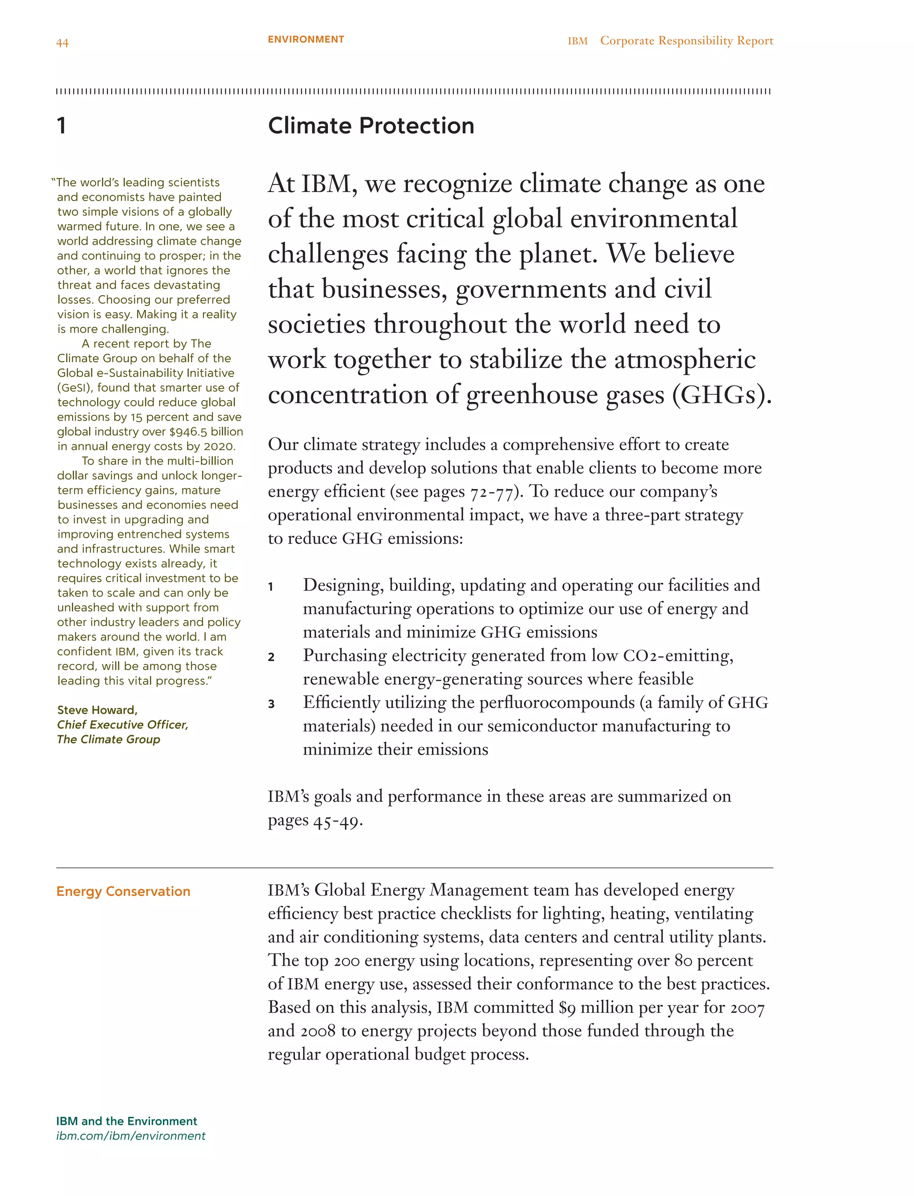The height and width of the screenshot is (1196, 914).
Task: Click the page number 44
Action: point(62,43)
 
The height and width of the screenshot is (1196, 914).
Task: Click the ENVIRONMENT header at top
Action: point(306,39)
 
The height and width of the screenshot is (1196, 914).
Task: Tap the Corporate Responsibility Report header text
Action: point(686,41)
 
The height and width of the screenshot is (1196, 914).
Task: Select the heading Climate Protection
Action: point(371,126)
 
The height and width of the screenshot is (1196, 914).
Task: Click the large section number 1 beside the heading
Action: point(62,126)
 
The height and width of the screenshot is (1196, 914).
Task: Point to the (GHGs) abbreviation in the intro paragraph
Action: point(722,395)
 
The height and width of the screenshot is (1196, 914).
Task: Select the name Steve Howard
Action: point(97,710)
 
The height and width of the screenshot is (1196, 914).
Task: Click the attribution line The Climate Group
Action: point(109,739)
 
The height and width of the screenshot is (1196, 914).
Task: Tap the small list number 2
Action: point(271,657)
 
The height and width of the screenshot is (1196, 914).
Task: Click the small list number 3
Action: point(271,704)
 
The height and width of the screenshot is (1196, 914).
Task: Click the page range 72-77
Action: point(492,492)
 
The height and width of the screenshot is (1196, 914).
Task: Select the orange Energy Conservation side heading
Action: point(124,891)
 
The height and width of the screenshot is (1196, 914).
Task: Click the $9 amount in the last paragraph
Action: point(567,1008)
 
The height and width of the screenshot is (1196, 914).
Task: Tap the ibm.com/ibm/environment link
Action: point(131,1136)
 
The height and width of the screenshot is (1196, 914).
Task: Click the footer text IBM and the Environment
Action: point(126,1121)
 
